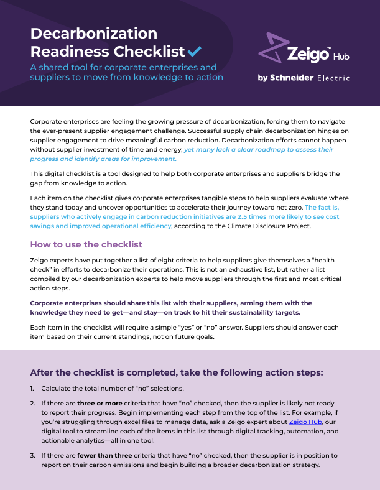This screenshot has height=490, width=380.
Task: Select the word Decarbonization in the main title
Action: click(x=93, y=33)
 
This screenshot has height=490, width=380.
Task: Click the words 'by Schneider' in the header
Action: click(x=285, y=78)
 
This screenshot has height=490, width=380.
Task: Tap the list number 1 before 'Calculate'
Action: click(x=32, y=388)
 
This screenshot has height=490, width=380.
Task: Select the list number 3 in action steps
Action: click(x=32, y=456)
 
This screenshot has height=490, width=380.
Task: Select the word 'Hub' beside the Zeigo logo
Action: click(x=341, y=57)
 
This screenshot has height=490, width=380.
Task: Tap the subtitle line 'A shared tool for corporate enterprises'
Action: click(x=124, y=67)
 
